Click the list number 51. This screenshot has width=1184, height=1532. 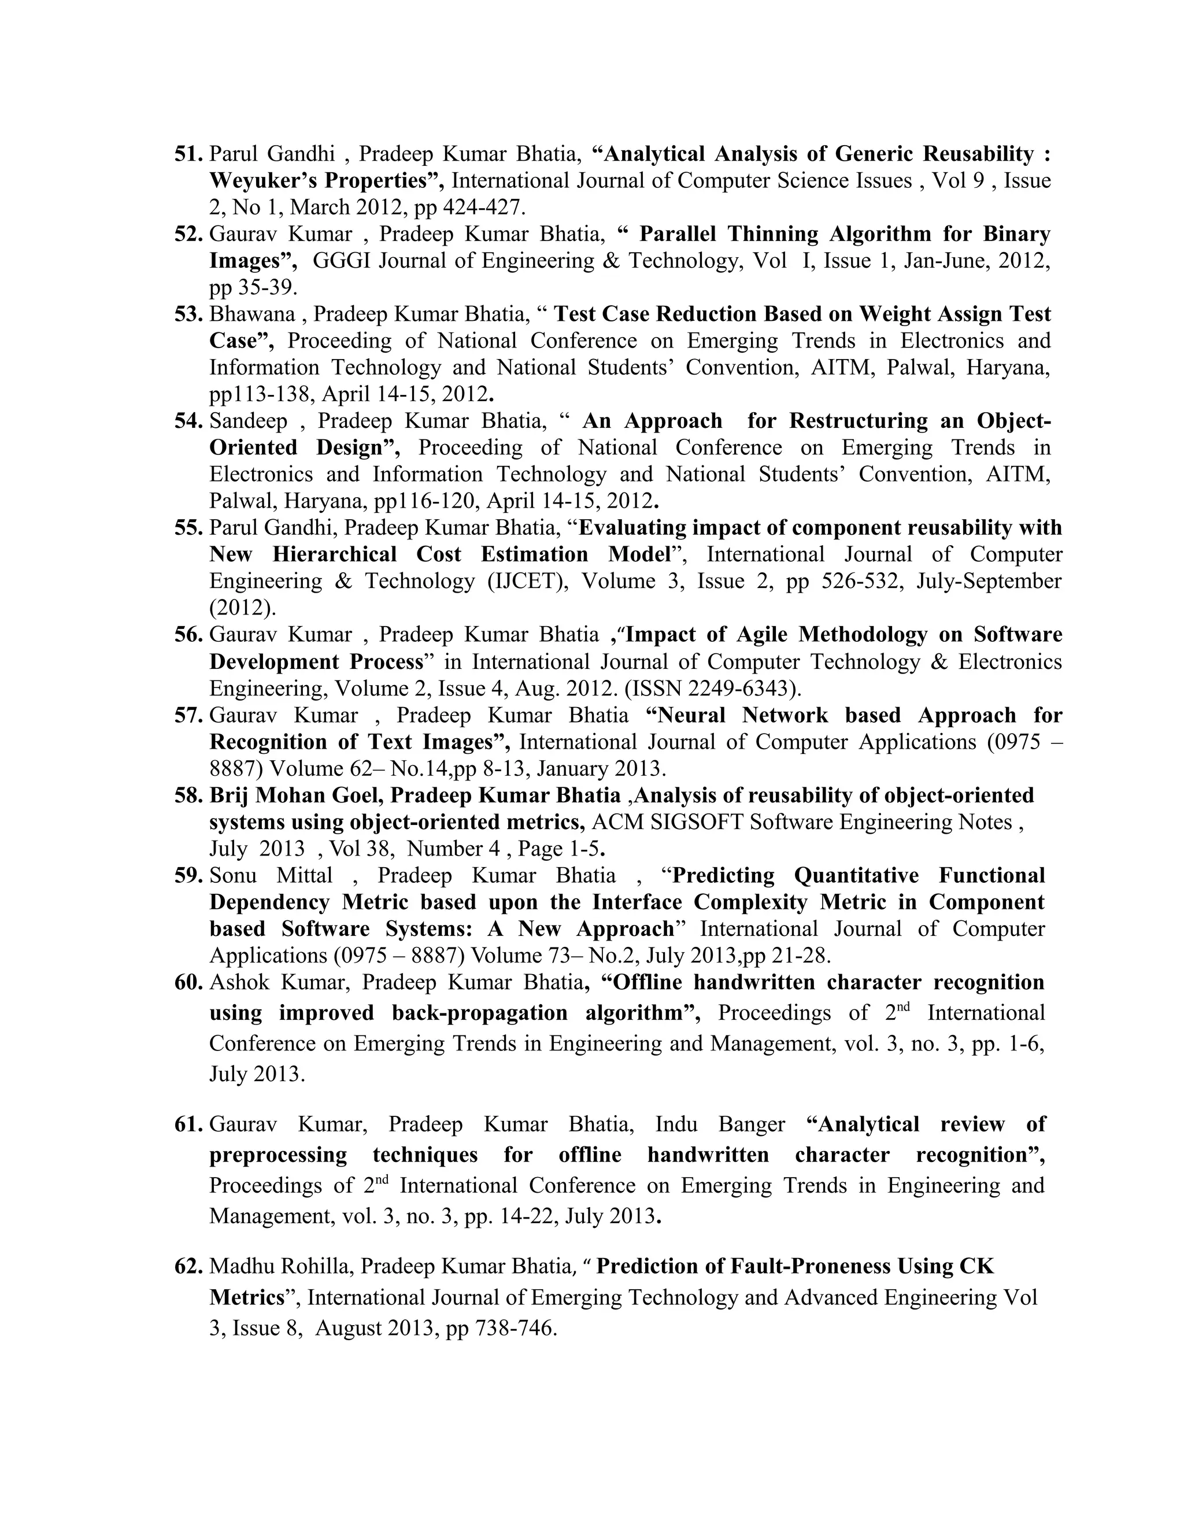coord(188,154)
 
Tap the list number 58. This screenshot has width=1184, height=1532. coord(188,795)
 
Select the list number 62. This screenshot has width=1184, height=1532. coord(188,1266)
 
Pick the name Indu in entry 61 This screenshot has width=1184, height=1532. coord(676,1124)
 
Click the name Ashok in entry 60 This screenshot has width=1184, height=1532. coord(239,982)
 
